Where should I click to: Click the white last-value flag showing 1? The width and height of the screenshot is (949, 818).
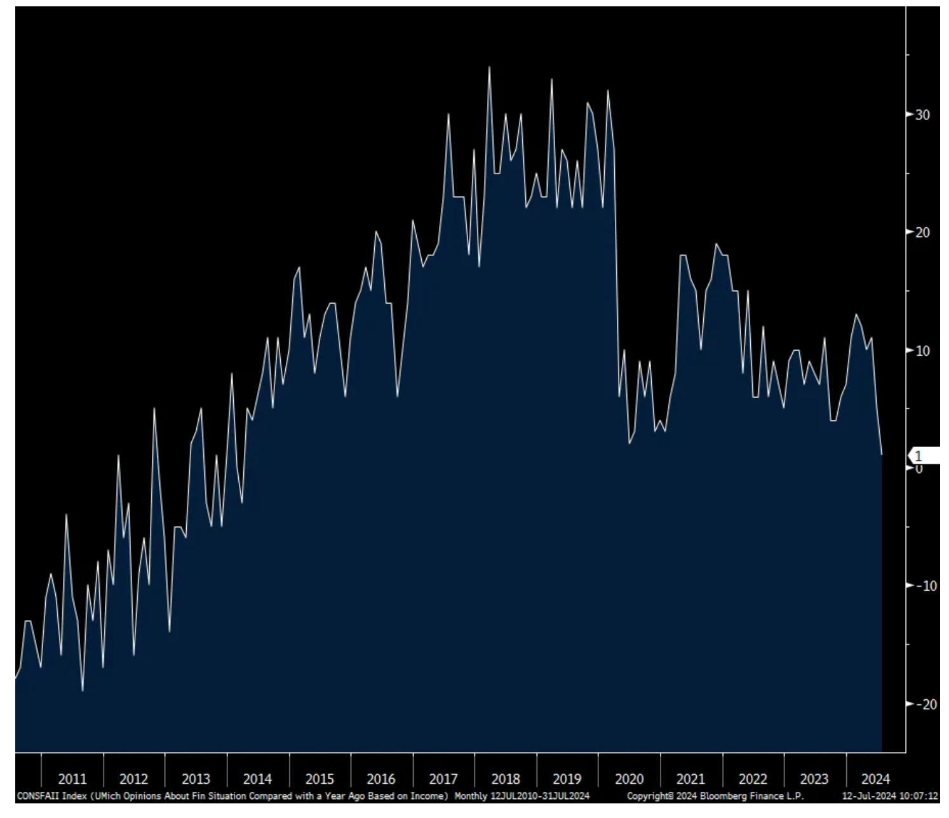click(x=924, y=456)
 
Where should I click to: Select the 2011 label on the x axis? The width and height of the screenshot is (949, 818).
click(x=72, y=779)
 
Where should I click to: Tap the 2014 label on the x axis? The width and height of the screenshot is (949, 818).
click(x=257, y=779)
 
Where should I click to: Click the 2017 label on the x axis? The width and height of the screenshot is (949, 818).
click(x=443, y=779)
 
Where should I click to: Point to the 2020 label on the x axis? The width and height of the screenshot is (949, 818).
click(x=629, y=779)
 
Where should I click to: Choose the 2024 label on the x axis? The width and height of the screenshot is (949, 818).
click(x=875, y=779)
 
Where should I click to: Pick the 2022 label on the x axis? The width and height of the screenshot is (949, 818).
click(x=753, y=779)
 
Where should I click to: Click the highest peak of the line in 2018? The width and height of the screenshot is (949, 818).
click(x=489, y=67)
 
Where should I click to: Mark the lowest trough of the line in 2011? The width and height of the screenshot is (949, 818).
click(x=83, y=690)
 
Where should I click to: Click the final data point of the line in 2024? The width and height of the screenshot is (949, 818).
click(x=882, y=455)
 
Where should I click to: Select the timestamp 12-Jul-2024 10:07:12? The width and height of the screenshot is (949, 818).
click(x=890, y=796)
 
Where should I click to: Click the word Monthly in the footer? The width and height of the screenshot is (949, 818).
click(x=471, y=796)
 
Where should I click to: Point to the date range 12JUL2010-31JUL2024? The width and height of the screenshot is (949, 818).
click(x=540, y=796)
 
